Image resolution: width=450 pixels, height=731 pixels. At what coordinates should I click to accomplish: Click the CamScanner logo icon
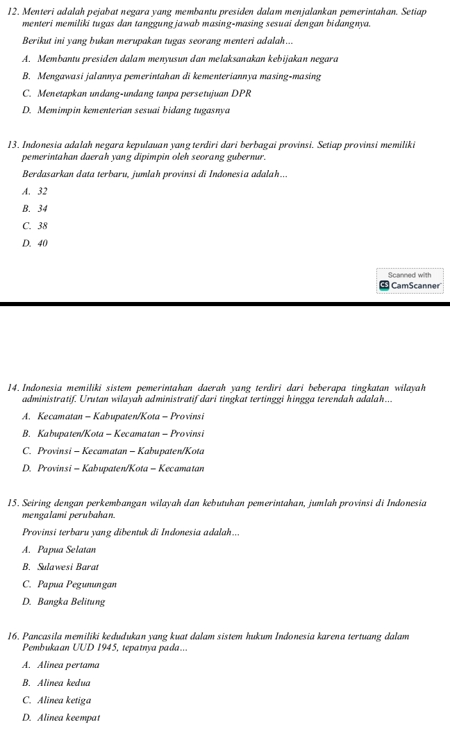point(383,285)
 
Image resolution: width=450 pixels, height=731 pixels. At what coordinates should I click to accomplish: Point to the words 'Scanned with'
point(410,275)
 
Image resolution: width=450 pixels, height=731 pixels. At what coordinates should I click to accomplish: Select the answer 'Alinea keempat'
point(69,717)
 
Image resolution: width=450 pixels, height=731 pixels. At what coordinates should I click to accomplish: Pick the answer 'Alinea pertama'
point(69,665)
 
